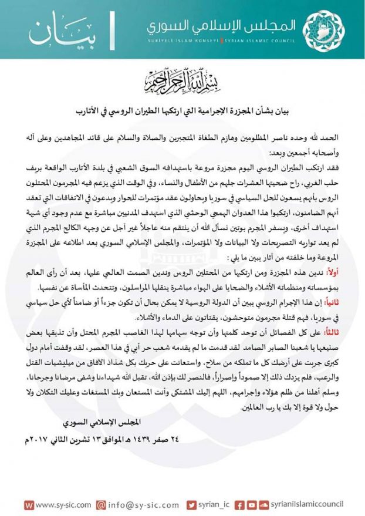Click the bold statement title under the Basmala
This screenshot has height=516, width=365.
coord(182,110)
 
